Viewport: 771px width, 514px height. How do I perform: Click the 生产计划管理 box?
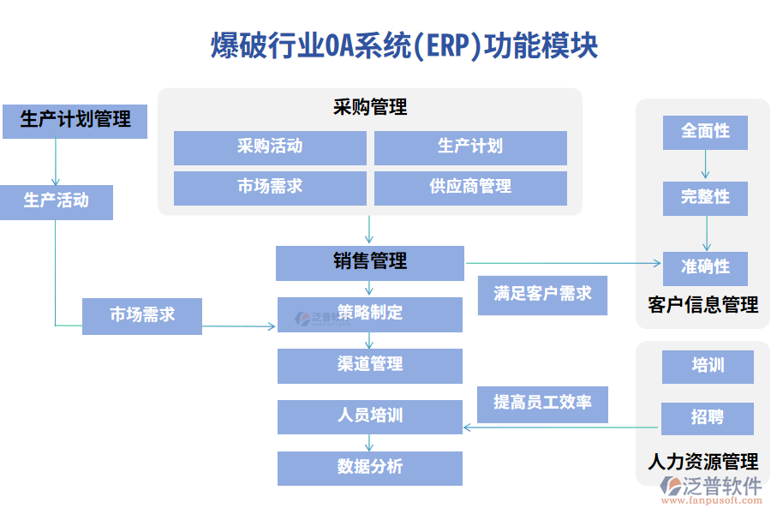pyautogui.click(x=75, y=120)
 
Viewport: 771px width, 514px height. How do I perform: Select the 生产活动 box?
pyautogui.click(x=56, y=201)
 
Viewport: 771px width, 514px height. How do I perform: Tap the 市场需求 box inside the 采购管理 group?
pyautogui.click(x=270, y=188)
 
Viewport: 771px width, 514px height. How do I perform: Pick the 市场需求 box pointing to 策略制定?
pyautogui.click(x=142, y=315)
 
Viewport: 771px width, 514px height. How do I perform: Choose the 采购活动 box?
pyautogui.click(x=270, y=147)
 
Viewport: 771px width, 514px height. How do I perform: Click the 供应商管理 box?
pyautogui.click(x=470, y=188)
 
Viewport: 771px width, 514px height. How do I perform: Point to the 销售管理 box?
pyautogui.click(x=369, y=262)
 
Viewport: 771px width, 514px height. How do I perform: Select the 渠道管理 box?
pyautogui.click(x=369, y=365)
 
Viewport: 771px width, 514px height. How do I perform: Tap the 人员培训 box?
pyautogui.click(x=369, y=416)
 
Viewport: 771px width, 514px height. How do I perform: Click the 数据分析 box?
pyautogui.click(x=369, y=468)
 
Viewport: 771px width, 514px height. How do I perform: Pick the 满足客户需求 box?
pyautogui.click(x=542, y=295)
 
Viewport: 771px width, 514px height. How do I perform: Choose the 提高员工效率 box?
pyautogui.click(x=542, y=403)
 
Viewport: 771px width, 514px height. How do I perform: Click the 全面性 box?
pyautogui.click(x=705, y=132)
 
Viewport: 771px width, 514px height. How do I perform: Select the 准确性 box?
pyautogui.click(x=705, y=267)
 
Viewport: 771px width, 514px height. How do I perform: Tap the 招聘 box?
pyautogui.click(x=707, y=418)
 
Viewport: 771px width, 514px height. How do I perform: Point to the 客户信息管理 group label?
pyautogui.click(x=703, y=305)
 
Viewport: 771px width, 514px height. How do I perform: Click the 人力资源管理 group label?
pyautogui.click(x=703, y=463)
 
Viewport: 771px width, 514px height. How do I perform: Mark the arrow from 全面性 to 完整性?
pyautogui.click(x=706, y=165)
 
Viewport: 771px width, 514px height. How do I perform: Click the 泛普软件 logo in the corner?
pyautogui.click(x=710, y=488)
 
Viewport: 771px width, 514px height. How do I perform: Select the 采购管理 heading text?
pyautogui.click(x=370, y=108)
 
